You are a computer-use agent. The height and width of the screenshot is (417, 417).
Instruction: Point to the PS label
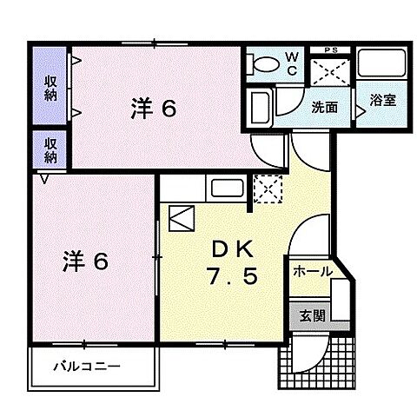(x=330, y=50)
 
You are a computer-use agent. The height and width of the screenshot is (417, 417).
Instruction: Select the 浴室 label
(x=382, y=100)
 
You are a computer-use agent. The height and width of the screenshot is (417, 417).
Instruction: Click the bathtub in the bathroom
(x=383, y=66)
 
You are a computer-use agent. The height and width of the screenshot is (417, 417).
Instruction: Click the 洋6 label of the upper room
(x=155, y=109)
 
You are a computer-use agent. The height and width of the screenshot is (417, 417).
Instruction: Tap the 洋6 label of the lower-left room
(x=84, y=260)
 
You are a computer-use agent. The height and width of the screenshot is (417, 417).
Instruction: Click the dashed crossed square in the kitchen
(x=264, y=187)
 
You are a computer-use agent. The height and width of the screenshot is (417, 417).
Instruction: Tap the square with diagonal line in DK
(x=182, y=216)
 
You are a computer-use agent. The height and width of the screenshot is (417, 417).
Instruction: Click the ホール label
(x=313, y=272)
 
